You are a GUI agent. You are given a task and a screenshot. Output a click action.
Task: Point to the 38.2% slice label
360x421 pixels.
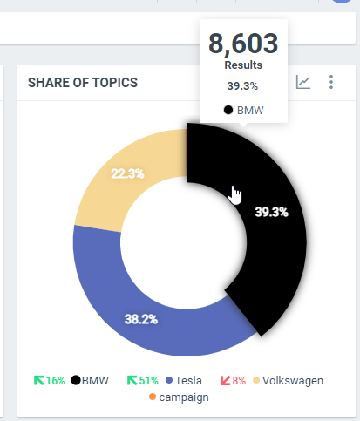point(140,319)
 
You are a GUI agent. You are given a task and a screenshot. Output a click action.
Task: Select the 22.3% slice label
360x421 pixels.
point(128,173)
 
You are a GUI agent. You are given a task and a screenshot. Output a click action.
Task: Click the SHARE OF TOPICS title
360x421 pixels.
point(83,83)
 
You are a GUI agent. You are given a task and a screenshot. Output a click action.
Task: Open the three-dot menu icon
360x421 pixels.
point(331,83)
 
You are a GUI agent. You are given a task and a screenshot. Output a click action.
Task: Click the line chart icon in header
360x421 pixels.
point(303,83)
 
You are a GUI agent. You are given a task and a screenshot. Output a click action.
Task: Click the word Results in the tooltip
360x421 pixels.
point(243,65)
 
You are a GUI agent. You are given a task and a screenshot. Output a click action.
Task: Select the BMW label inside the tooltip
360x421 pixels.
point(250,111)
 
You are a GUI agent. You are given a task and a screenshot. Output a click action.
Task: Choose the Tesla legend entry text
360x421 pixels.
point(189,381)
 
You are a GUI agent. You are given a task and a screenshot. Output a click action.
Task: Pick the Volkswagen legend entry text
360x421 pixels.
point(293,381)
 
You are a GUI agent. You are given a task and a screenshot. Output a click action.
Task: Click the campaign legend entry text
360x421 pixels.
point(183,397)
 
